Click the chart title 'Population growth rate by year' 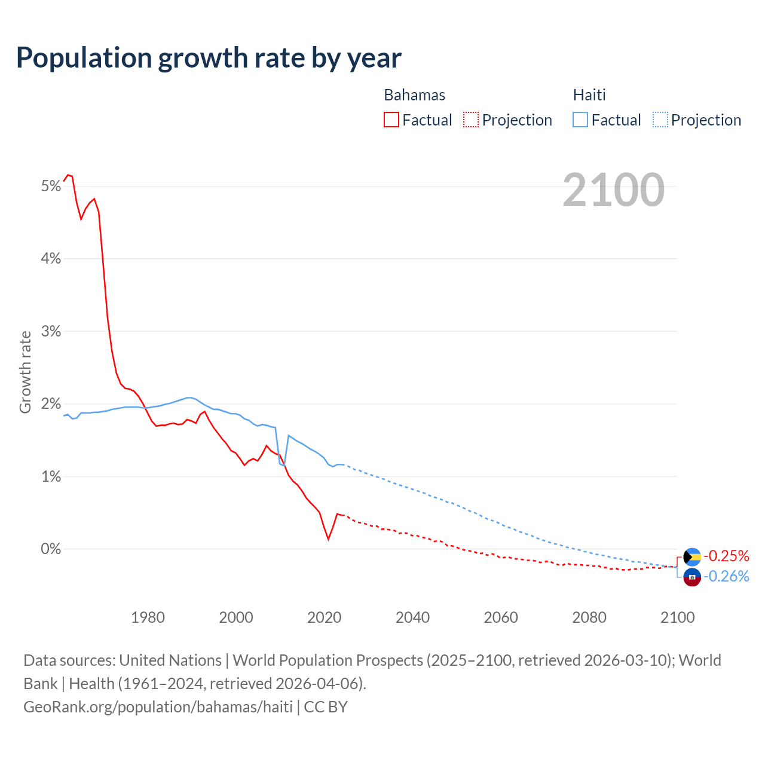click(209, 58)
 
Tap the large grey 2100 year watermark click(613, 190)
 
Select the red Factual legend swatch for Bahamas click(391, 120)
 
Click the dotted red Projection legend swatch click(471, 120)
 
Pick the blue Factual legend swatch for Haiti click(580, 120)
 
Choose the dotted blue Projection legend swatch click(660, 120)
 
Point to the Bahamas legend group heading click(414, 95)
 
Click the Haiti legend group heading click(589, 95)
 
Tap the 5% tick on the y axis click(51, 186)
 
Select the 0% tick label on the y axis click(51, 549)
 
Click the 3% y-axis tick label click(51, 332)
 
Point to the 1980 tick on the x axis click(148, 617)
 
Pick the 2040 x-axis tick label click(412, 617)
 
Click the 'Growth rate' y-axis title click(25, 372)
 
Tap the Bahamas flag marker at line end click(692, 557)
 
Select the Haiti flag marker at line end click(692, 577)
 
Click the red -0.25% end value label click(726, 556)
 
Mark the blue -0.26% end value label click(726, 577)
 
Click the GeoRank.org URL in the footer click(158, 707)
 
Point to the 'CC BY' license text click(326, 707)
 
